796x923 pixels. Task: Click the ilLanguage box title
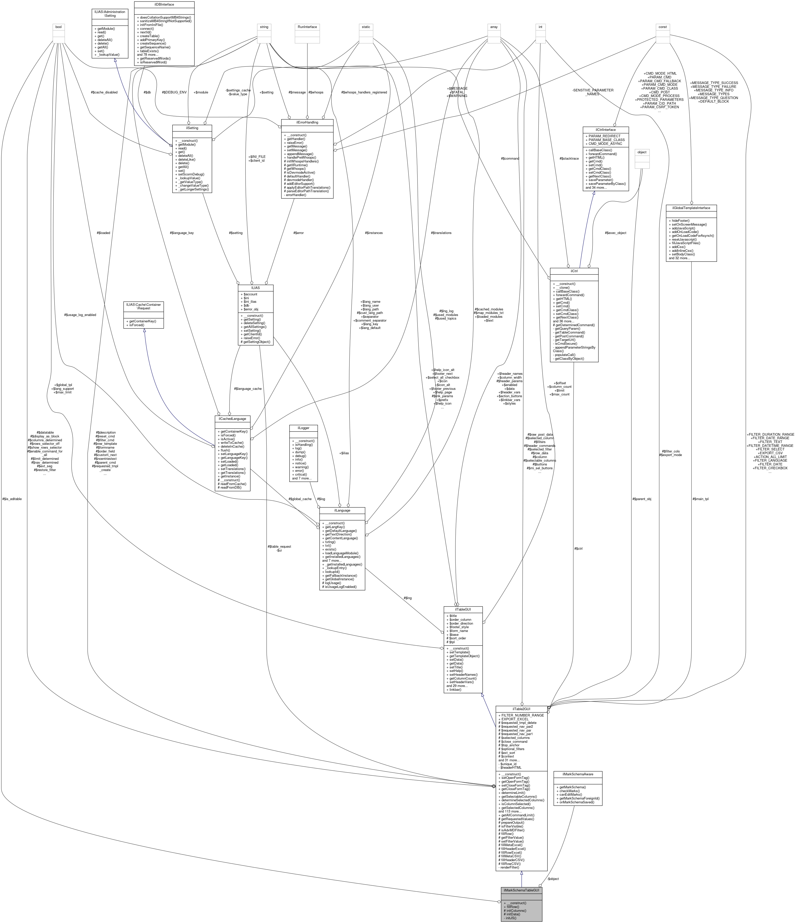pyautogui.click(x=342, y=510)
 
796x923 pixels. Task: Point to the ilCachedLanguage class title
pyautogui.click(x=232, y=419)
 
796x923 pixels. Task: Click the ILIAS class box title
pyautogui.click(x=255, y=288)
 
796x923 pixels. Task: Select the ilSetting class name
pyautogui.click(x=192, y=128)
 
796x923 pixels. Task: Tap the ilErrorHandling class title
pyautogui.click(x=307, y=122)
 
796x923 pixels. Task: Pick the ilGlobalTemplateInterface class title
pyautogui.click(x=690, y=208)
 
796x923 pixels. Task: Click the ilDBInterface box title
pyautogui.click(x=164, y=4)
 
